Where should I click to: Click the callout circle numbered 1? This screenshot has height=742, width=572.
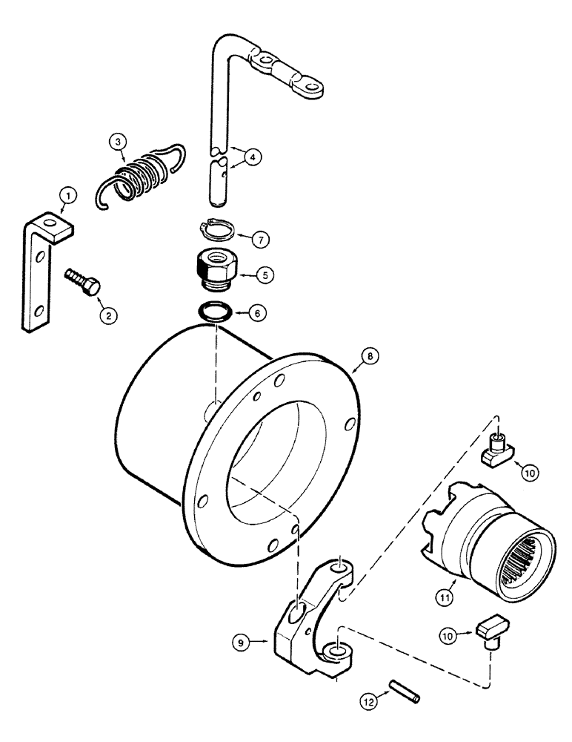point(67,196)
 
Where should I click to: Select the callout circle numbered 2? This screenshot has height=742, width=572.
point(108,315)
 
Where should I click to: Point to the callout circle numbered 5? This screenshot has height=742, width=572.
point(263,274)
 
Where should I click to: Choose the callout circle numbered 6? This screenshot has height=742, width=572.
point(256,315)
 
